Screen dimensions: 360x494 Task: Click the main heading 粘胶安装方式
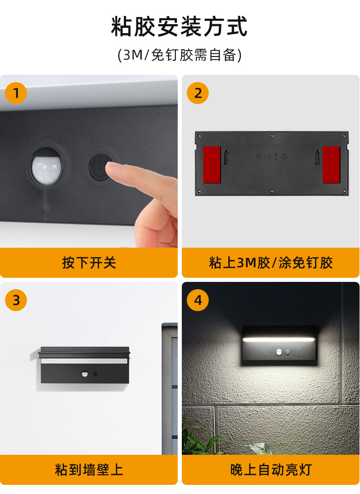click(180, 26)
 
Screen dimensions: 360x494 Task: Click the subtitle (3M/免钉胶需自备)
click(180, 55)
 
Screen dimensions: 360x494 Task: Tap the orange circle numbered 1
click(16, 93)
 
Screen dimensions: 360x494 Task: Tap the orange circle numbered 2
click(198, 93)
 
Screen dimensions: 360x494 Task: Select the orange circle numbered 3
click(16, 300)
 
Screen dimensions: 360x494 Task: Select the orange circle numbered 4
click(198, 300)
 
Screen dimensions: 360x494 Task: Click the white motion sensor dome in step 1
click(46, 166)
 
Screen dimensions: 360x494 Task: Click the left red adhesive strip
click(212, 165)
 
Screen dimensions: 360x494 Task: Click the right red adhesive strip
click(331, 165)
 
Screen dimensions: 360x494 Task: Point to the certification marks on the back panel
click(271, 156)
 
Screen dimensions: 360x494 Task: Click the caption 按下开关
click(89, 262)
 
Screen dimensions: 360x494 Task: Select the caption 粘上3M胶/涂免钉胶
click(271, 262)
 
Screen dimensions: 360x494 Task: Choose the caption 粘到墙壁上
click(89, 469)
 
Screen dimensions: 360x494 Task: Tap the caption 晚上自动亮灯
click(271, 469)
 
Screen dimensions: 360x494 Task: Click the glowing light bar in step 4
click(278, 339)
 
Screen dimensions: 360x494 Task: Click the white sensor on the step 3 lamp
click(85, 374)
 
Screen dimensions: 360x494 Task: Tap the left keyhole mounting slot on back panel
click(226, 156)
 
